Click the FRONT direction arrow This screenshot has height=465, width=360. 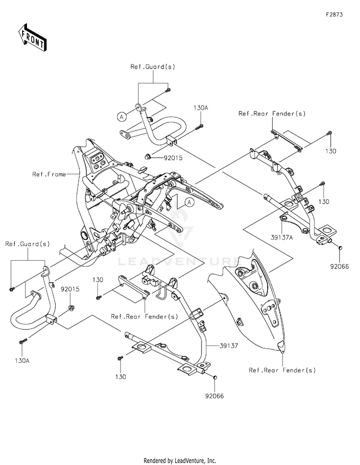click(x=33, y=37)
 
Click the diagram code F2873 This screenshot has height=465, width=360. click(x=335, y=15)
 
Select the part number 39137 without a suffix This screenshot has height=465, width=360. click(x=228, y=345)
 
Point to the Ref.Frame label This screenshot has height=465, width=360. click(x=49, y=174)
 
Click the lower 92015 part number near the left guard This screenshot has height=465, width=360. click(x=70, y=289)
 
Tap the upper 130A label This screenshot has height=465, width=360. click(x=201, y=108)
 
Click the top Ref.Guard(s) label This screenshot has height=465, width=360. click(x=153, y=67)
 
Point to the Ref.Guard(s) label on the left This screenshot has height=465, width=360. click(x=27, y=244)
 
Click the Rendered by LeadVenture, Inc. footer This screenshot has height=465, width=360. click(x=180, y=460)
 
